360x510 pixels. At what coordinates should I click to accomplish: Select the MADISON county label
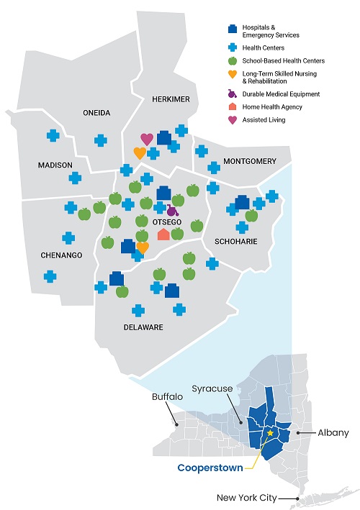[55, 165]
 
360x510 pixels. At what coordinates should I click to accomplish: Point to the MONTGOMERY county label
[249, 161]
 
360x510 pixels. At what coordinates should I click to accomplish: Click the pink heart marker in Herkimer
[147, 139]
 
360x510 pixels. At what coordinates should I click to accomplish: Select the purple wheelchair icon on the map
[171, 211]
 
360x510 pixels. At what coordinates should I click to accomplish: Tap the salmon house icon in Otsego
[163, 234]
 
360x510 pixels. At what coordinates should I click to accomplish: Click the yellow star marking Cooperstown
[270, 433]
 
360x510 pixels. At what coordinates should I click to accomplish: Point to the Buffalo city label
[168, 397]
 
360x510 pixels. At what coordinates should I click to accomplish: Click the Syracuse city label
[212, 388]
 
